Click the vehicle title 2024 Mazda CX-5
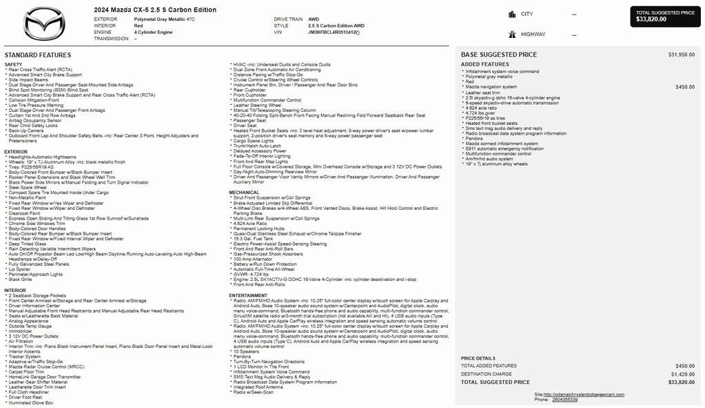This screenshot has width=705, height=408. pyautogui.click(x=155, y=10)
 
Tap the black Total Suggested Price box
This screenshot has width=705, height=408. pyautogui.click(x=665, y=16)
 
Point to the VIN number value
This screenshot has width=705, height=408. pyautogui.click(x=334, y=32)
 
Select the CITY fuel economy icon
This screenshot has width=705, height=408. pyautogui.click(x=512, y=14)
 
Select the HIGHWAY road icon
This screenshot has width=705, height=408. pyautogui.click(x=512, y=34)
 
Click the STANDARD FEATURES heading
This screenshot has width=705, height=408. pyautogui.click(x=37, y=55)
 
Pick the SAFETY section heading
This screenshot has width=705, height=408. pyautogui.click(x=13, y=64)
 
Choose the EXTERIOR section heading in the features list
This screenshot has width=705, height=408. pyautogui.click(x=16, y=152)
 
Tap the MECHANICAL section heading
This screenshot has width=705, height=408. pyautogui.click(x=244, y=193)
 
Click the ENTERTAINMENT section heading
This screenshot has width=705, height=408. pyautogui.click(x=248, y=295)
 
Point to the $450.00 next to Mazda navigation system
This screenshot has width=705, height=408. pyautogui.click(x=685, y=87)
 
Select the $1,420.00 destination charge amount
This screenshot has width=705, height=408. pyautogui.click(x=682, y=374)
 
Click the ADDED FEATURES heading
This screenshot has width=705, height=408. pyautogui.click(x=484, y=64)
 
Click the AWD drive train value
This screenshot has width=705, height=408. pyautogui.click(x=313, y=19)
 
